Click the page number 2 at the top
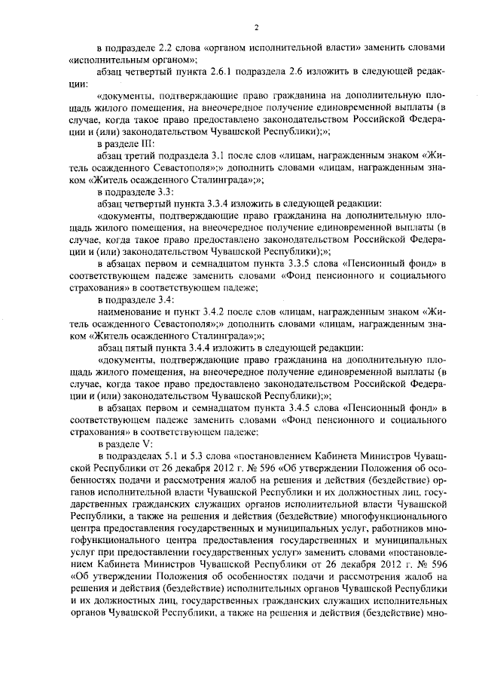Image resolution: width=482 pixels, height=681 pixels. (256, 28)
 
